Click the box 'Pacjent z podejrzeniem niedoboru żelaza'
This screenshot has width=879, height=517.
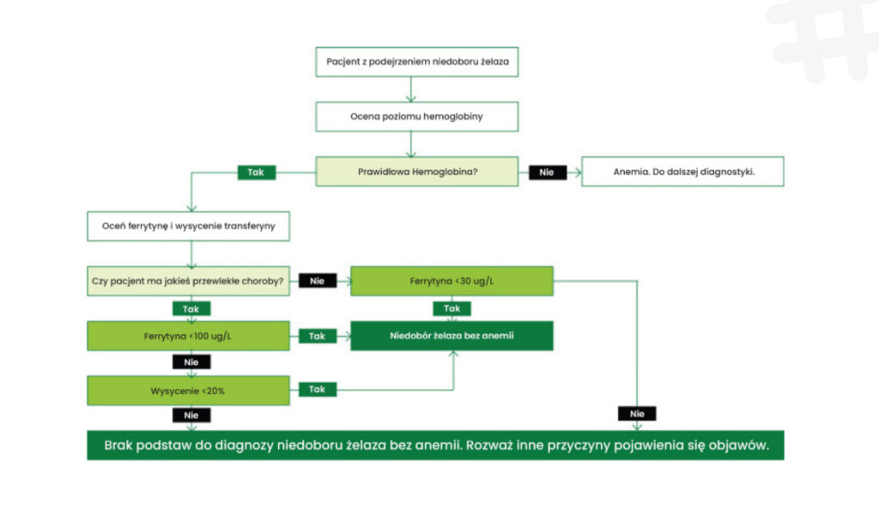(416, 62)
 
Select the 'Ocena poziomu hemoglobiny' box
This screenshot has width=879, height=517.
(416, 116)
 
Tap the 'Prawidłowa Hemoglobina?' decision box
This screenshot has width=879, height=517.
(417, 171)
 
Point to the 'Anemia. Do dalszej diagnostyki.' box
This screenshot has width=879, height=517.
(683, 171)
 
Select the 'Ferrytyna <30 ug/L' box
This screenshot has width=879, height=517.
(452, 281)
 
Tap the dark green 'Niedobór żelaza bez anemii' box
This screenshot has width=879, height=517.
(452, 336)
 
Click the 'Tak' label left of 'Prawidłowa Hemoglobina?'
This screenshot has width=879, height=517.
(256, 172)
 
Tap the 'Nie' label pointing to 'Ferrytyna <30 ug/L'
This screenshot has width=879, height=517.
(317, 281)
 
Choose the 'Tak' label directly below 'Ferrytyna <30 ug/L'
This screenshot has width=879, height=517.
(452, 308)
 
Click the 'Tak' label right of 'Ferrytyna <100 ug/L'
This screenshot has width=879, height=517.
(317, 336)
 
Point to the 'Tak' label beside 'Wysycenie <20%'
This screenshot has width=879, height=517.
(317, 389)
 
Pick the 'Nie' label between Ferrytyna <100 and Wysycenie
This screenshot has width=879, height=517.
(191, 362)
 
